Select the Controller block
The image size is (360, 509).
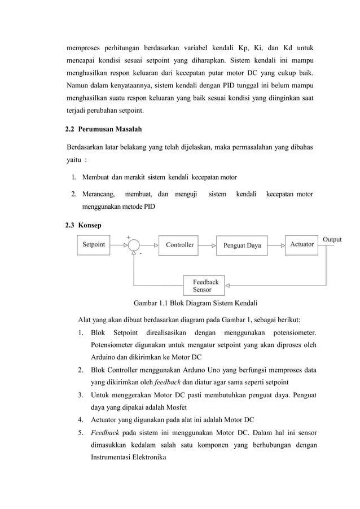click(x=179, y=245)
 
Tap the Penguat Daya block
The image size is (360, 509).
click(x=242, y=245)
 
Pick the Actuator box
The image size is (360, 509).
click(x=301, y=244)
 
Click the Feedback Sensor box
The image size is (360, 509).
click(x=204, y=285)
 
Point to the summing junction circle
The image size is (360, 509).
click(x=134, y=245)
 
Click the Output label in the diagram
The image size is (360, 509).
click(x=332, y=239)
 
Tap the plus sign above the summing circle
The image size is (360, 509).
click(x=128, y=236)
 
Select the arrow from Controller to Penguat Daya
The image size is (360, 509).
click(x=207, y=245)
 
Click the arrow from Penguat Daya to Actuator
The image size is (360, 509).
click(x=276, y=245)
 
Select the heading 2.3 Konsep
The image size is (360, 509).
click(x=84, y=225)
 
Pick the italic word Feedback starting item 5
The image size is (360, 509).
click(x=104, y=433)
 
